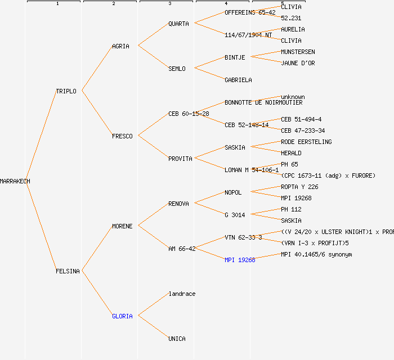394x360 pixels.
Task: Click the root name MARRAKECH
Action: click(15, 181)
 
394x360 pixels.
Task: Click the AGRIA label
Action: click(120, 46)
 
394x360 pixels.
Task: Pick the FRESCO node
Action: click(122, 136)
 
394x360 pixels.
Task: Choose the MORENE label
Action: click(122, 226)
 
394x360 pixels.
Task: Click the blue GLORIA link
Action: click(122, 316)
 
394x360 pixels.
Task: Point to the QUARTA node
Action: click(178, 24)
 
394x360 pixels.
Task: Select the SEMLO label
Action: click(177, 69)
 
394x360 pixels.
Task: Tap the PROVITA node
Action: click(180, 159)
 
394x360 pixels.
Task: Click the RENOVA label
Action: click(178, 204)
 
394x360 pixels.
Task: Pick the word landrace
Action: click(182, 294)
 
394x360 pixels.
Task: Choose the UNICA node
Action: click(177, 339)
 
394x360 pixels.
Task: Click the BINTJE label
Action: click(235, 57)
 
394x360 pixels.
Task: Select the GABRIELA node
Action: click(238, 80)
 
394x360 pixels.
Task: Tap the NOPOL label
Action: click(233, 192)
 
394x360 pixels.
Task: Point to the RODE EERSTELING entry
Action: click(306, 142)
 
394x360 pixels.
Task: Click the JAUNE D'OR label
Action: click(298, 63)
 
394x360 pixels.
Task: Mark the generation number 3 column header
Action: click(169, 4)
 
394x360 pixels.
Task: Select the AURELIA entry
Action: click(293, 29)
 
